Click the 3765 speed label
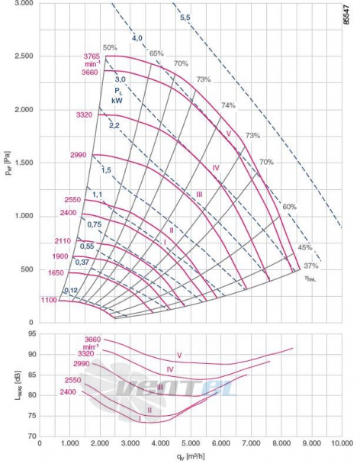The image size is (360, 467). pos(92,56)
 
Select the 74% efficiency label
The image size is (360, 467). pos(228,105)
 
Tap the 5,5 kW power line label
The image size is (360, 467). pos(185,18)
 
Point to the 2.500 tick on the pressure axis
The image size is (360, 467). pos(24,56)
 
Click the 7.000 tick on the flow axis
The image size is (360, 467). pos(251,443)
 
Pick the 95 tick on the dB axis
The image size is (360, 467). pos(32,333)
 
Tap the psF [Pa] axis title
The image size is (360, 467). pos(8,163)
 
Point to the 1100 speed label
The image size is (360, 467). pos(49,300)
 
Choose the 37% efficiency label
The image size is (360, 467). pos(311,266)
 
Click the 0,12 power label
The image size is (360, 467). pos(71,290)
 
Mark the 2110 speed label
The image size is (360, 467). pos(63,241)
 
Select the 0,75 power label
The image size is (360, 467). pos(95,224)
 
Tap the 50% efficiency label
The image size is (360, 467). pos(110,47)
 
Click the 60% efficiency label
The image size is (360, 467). pos(289,206)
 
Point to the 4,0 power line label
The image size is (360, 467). pos(137,38)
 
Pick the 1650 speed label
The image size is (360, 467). pos(56,273)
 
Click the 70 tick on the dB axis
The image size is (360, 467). pos(32,436)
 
